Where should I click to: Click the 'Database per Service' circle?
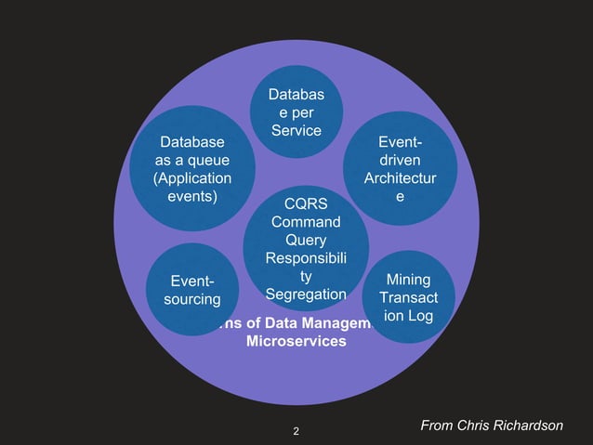(x=296, y=111)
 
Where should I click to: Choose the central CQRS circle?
(x=306, y=248)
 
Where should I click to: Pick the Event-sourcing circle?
(x=191, y=290)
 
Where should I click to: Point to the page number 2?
(x=296, y=431)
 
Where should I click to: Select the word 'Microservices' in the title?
(x=296, y=342)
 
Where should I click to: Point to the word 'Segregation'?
(x=306, y=294)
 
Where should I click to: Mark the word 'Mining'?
(x=408, y=279)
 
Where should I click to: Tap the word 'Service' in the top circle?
(x=296, y=131)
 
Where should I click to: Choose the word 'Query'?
(x=306, y=240)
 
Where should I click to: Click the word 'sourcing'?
(x=191, y=299)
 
